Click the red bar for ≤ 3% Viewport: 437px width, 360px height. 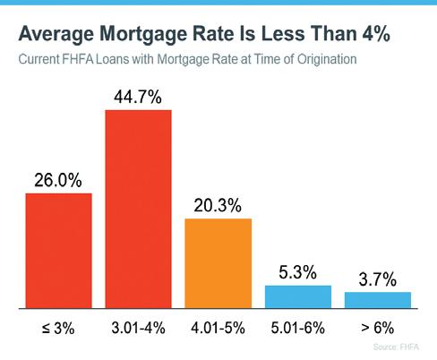tap(59, 251)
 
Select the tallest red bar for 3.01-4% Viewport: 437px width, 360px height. tap(139, 209)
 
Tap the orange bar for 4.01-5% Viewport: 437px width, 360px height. tap(218, 263)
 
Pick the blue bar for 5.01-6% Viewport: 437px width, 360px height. tap(298, 296)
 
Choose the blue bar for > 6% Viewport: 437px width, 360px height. tap(378, 300)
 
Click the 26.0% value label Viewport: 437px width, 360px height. tap(58, 180)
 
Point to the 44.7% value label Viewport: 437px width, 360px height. tap(138, 97)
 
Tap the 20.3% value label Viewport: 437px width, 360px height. tap(218, 205)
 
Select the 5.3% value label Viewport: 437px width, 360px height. tap(297, 272)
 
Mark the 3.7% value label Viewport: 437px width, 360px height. tap(378, 279)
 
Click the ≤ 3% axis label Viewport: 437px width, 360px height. tap(58, 328)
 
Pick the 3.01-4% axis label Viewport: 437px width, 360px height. tap(138, 328)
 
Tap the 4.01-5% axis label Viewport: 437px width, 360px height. tap(218, 328)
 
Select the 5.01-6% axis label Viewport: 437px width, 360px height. tap(298, 328)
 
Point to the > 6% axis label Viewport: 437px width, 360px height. tap(378, 328)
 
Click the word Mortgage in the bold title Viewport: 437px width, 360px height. tap(144, 34)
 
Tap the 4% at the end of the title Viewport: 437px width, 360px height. tap(376, 33)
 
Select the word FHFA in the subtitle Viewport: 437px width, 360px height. tap(78, 59)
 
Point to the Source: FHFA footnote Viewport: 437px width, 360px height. tap(396, 347)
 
